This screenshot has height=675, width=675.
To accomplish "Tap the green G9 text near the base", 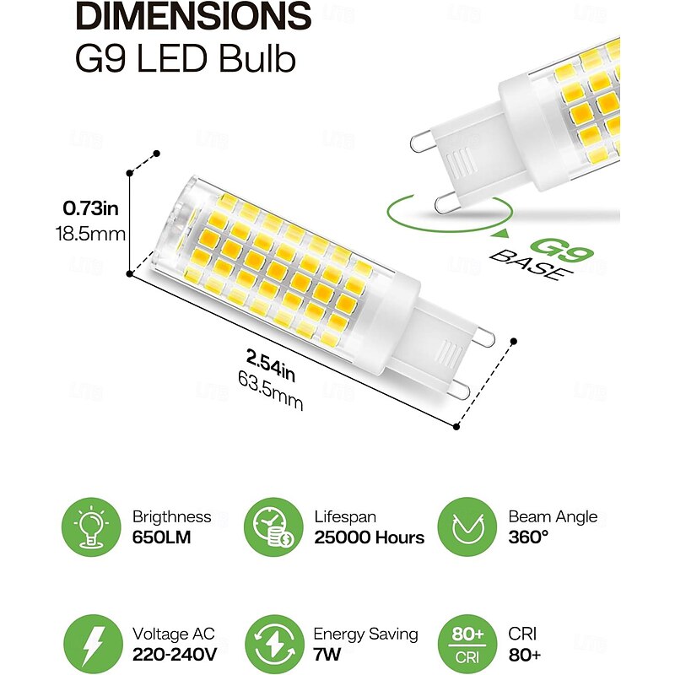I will tap(553, 251).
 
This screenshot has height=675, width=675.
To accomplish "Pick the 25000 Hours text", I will tap(369, 538).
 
